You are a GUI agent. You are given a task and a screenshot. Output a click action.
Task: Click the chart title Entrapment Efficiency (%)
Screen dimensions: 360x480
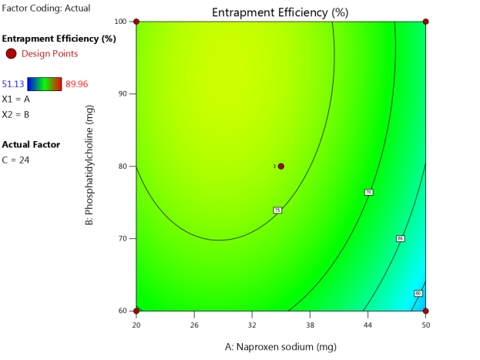tap(280, 12)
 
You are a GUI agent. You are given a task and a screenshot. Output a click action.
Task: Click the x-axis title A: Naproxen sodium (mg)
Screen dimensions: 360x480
tap(280, 347)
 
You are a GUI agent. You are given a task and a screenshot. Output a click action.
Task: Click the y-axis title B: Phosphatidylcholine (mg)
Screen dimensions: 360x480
tap(92, 166)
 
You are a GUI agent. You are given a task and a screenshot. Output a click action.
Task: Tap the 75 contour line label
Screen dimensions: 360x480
tap(277, 210)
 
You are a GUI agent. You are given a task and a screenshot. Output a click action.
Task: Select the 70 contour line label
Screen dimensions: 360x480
tap(368, 192)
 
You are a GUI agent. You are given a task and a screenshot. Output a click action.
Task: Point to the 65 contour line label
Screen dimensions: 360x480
tap(400, 239)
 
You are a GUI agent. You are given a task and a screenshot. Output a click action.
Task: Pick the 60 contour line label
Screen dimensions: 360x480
tap(418, 293)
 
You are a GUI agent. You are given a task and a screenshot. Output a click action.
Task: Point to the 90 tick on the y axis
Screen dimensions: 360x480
tap(122, 94)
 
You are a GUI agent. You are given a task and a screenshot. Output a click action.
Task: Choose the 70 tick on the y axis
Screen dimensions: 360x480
tap(122, 239)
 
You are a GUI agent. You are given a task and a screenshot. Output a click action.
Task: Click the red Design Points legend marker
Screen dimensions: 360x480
tap(11, 53)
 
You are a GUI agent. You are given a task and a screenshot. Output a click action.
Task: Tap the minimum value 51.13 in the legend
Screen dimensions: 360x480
tap(13, 84)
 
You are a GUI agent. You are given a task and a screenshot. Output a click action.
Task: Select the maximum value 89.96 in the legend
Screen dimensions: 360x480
tap(80, 84)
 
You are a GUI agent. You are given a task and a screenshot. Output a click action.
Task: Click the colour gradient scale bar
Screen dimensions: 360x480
tap(45, 84)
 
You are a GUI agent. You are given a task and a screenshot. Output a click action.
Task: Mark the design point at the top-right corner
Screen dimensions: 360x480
tap(425, 22)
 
